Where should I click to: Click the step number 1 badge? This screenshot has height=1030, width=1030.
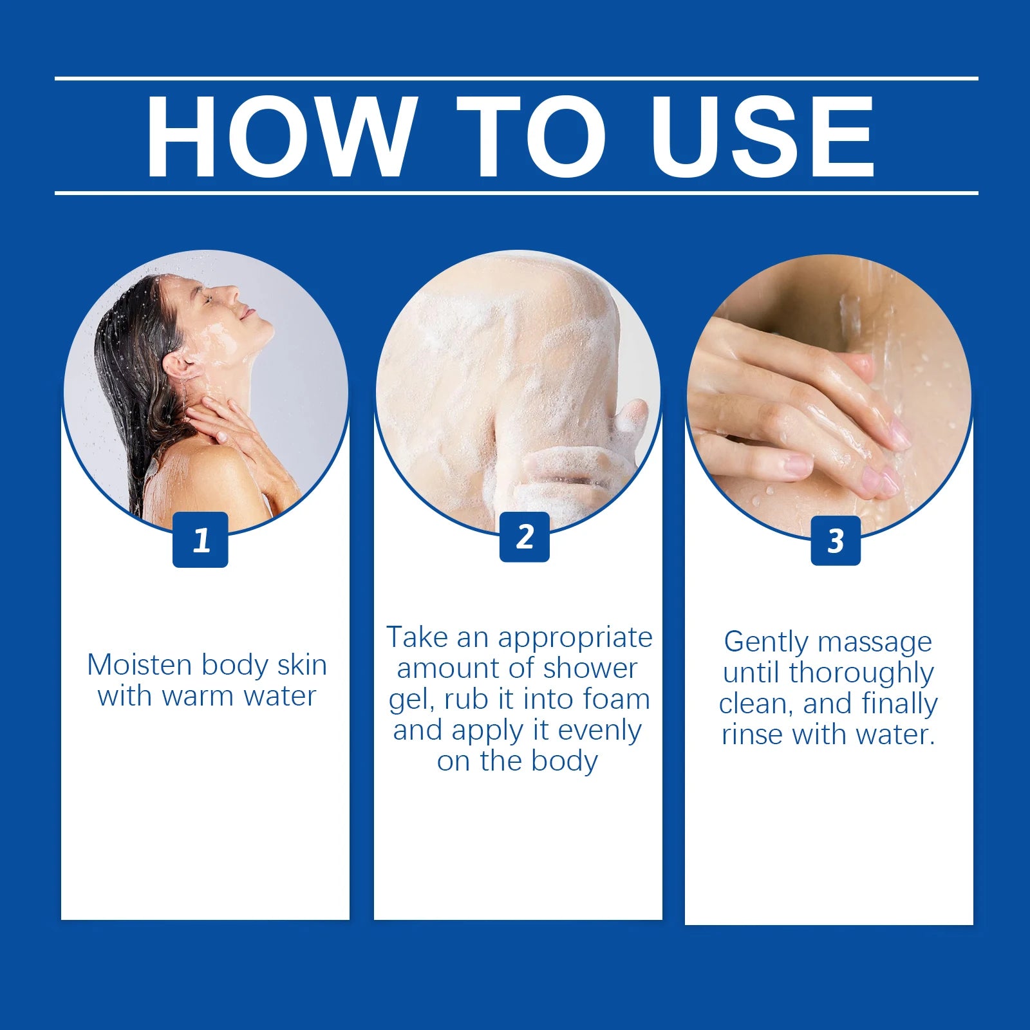pos(200,539)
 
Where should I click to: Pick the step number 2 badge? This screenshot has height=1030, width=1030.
pos(525,537)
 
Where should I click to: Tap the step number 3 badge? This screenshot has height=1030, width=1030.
pos(836,541)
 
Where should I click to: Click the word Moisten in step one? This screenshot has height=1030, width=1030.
pos(140,665)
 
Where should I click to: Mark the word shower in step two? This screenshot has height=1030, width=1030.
pos(590,669)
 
